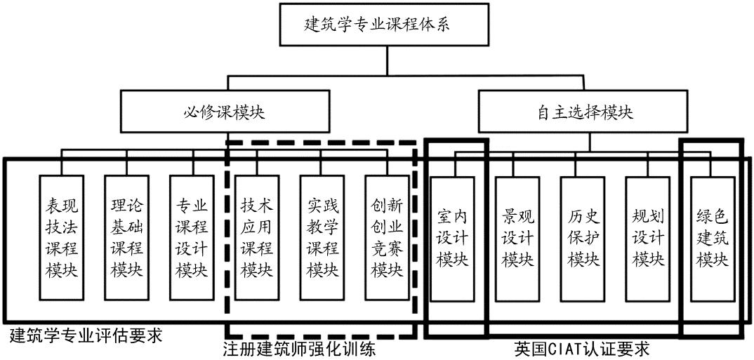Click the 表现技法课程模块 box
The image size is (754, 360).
pos(62,238)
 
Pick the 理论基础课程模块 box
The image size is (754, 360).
pos(126,238)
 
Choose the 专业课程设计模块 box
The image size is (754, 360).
pos(191,238)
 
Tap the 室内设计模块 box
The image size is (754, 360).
pos(452,238)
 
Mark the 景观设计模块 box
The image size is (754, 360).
pos(517,238)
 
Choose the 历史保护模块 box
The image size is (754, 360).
pos(583,238)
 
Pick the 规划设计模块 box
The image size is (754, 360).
pos(647,238)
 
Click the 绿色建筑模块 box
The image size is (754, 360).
pos(713,238)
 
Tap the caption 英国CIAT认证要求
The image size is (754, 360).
pos(581,349)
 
